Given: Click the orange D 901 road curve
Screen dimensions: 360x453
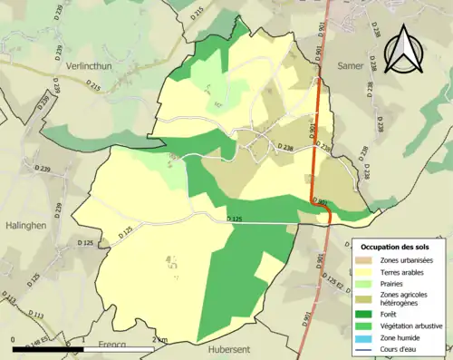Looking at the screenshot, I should tap(322, 207).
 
